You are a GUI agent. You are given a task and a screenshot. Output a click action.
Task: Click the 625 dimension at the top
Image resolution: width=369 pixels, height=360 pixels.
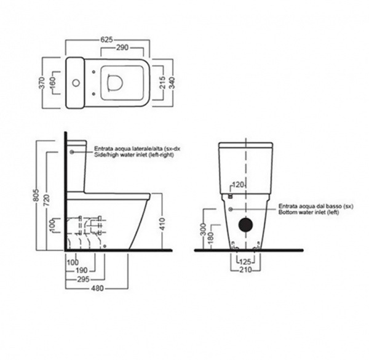[106, 39]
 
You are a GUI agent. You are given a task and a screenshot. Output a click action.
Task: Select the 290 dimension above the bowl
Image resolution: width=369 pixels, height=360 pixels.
[122, 47]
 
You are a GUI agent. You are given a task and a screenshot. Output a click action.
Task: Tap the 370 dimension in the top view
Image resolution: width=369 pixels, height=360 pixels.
[42, 83]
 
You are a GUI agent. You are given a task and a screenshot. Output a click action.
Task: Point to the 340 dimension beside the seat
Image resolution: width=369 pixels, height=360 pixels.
[173, 83]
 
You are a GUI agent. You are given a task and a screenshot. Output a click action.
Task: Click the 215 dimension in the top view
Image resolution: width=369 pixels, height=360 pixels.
[163, 82]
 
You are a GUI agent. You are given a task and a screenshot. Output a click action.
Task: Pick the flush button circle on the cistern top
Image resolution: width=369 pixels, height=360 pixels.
[76, 83]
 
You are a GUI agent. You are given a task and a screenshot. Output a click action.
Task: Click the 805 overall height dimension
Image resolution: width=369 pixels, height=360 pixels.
[36, 195]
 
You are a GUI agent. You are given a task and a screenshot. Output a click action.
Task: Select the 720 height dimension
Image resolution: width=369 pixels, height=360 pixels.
[47, 201]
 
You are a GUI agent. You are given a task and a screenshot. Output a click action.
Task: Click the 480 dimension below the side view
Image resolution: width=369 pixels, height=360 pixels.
[97, 288]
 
